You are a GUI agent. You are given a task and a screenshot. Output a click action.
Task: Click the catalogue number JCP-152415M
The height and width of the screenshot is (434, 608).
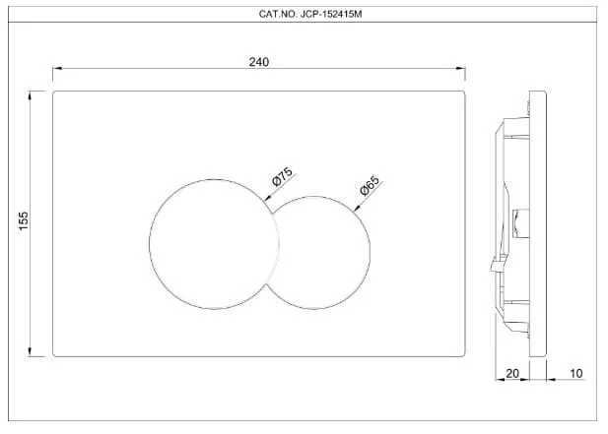pos(331,15)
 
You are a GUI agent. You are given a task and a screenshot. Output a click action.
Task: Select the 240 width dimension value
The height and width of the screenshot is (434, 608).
pos(259,62)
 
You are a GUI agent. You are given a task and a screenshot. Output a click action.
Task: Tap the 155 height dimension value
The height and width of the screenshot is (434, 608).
pos(24,220)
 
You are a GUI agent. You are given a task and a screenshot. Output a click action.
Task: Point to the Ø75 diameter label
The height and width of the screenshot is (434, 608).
pos(283,177)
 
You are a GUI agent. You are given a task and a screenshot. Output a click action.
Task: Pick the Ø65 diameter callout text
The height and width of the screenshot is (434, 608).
pos(370,185)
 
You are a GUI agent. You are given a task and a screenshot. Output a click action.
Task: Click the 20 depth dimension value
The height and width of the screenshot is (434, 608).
pos(512,373)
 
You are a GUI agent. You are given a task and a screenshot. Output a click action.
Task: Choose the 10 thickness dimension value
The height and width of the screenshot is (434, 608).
pos(576,373)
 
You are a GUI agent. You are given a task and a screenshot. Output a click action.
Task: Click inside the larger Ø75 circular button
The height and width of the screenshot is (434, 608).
pos(214,244)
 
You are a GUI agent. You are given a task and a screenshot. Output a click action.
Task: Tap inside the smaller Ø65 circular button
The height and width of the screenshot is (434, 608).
pos(322,252)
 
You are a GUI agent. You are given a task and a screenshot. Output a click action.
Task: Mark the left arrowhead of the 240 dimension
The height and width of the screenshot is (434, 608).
pos(57,69)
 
